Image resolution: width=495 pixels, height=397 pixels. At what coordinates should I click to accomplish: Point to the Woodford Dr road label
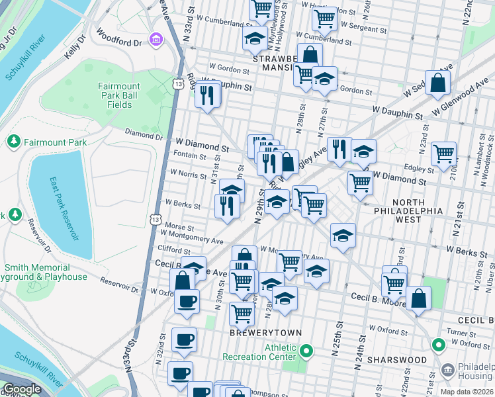(x=119, y=37)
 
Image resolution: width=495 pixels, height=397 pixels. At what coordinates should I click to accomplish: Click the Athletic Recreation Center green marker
(x=306, y=350)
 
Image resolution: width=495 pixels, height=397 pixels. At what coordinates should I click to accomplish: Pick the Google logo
(x=22, y=390)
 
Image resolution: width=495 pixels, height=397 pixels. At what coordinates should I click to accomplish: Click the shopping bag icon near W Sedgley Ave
(x=437, y=83)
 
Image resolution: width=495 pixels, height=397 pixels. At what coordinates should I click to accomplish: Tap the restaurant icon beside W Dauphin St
(x=208, y=95)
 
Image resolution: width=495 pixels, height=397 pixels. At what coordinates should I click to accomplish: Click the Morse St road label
(x=179, y=226)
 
